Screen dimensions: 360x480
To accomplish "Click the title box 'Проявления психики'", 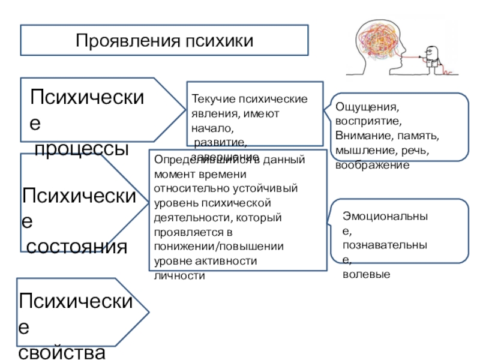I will point(164,40).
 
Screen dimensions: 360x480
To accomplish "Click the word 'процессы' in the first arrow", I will point(82,148).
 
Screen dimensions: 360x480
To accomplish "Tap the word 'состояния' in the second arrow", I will point(76,245).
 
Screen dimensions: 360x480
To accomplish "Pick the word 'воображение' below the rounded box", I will point(372,164).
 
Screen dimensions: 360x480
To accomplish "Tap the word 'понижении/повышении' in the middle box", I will point(219,246).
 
